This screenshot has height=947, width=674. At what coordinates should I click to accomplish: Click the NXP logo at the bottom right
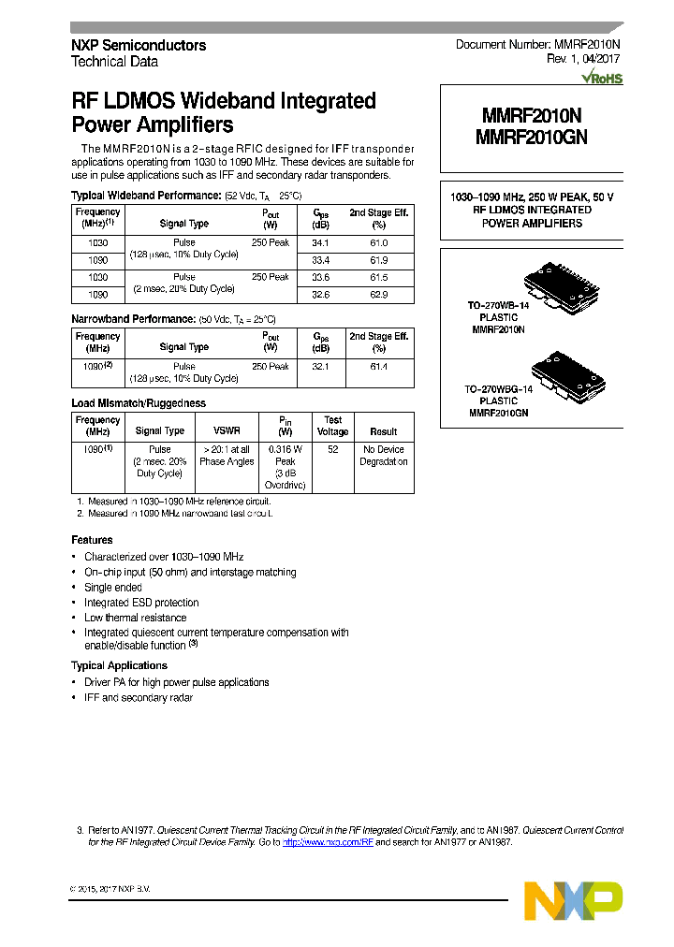(x=573, y=900)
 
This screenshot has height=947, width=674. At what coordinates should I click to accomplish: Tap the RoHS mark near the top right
(x=604, y=79)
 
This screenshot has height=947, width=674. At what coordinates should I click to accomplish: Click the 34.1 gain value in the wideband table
(x=320, y=242)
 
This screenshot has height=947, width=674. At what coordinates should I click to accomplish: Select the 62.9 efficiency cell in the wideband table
(x=378, y=295)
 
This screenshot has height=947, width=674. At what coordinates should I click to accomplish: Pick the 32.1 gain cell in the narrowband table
(x=320, y=367)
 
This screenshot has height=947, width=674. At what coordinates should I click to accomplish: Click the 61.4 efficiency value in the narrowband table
(x=378, y=367)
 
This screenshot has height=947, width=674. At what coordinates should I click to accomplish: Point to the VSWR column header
(x=227, y=431)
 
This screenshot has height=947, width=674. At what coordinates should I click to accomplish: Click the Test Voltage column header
(x=332, y=426)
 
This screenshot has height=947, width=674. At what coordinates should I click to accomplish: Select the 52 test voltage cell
(x=332, y=450)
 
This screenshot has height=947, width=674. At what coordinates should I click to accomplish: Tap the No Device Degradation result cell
(x=384, y=456)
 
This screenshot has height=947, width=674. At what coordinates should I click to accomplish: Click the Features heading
(x=92, y=540)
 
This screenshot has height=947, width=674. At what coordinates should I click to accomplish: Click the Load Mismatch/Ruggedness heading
(x=139, y=403)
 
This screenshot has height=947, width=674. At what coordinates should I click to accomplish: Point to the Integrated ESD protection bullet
(x=141, y=603)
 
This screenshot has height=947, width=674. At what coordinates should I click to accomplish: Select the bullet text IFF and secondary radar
(x=139, y=698)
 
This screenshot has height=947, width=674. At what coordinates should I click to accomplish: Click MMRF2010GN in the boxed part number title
(x=532, y=136)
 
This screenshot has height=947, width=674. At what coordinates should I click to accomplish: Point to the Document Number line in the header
(x=538, y=45)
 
